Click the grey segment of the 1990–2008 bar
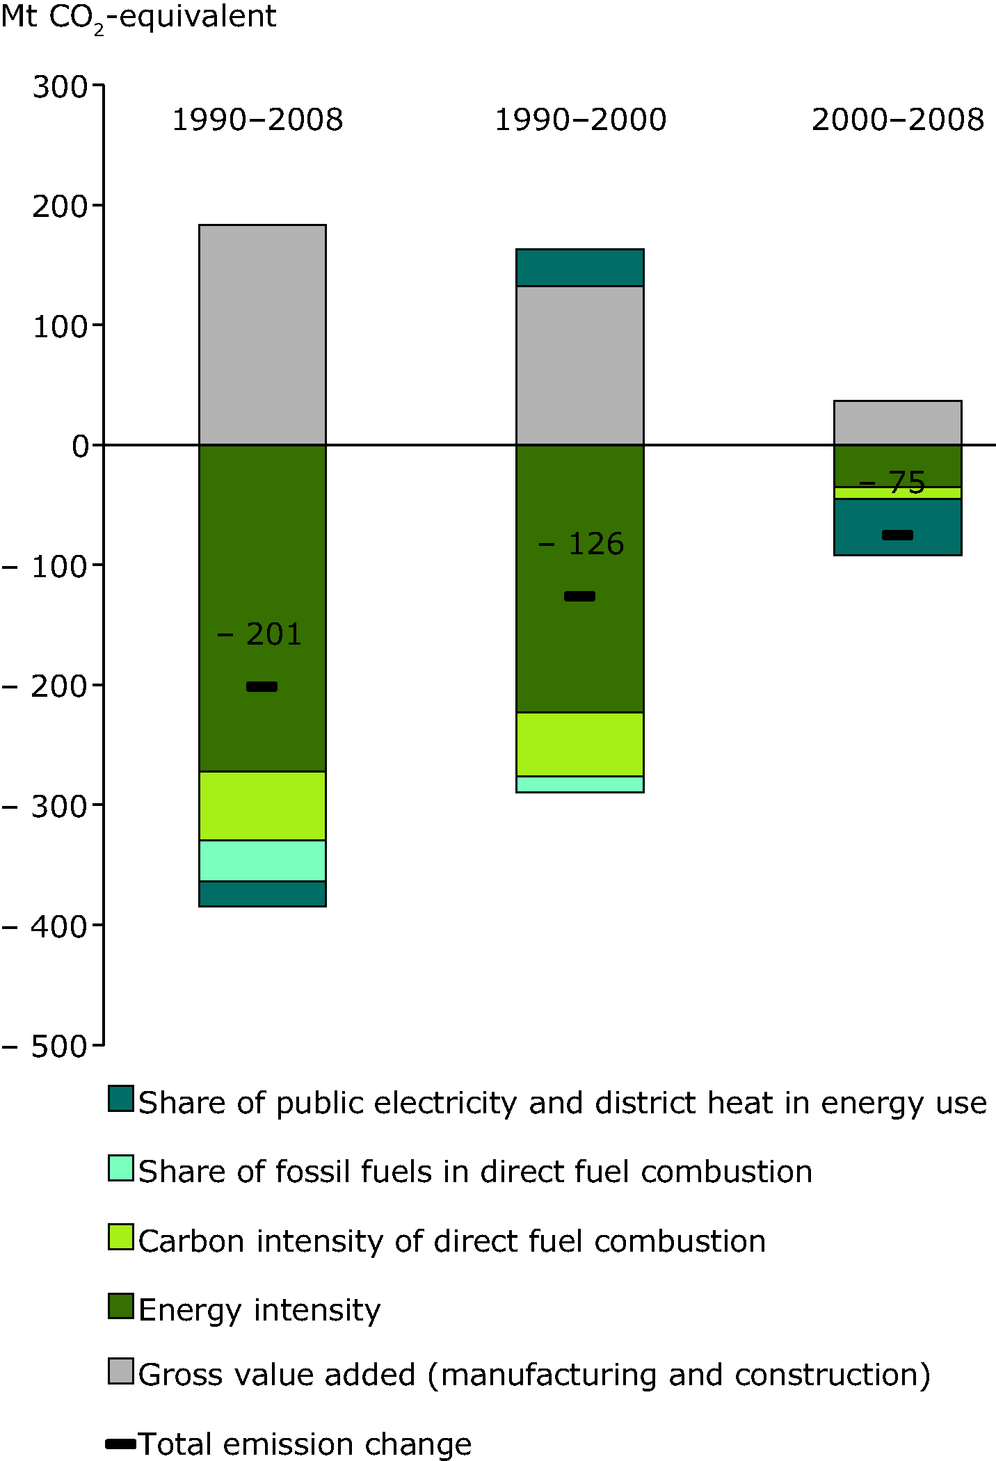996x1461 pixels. pyautogui.click(x=262, y=334)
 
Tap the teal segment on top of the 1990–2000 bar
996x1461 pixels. pyautogui.click(x=579, y=267)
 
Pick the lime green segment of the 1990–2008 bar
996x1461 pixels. pyautogui.click(x=262, y=805)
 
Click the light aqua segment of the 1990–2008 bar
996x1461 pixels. pyautogui.click(x=262, y=860)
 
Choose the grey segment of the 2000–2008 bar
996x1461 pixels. pyautogui.click(x=897, y=422)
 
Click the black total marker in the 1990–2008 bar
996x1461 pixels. pyautogui.click(x=262, y=686)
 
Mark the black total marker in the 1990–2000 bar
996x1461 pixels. pyautogui.click(x=579, y=596)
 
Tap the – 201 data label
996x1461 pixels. pyautogui.click(x=259, y=634)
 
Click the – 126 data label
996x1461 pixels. pyautogui.click(x=581, y=544)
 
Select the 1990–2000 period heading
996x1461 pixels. pyautogui.click(x=580, y=120)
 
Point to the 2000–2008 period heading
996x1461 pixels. pyautogui.click(x=897, y=120)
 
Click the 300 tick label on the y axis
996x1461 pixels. pyautogui.click(x=60, y=88)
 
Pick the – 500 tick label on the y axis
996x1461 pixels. pyautogui.click(x=45, y=1046)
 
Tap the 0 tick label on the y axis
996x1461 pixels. pyautogui.click(x=81, y=446)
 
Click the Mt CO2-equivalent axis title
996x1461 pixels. pyautogui.click(x=138, y=17)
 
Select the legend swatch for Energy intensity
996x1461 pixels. pyautogui.click(x=120, y=1305)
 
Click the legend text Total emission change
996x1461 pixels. pyautogui.click(x=305, y=1444)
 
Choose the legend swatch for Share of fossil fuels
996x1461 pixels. pyautogui.click(x=120, y=1168)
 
